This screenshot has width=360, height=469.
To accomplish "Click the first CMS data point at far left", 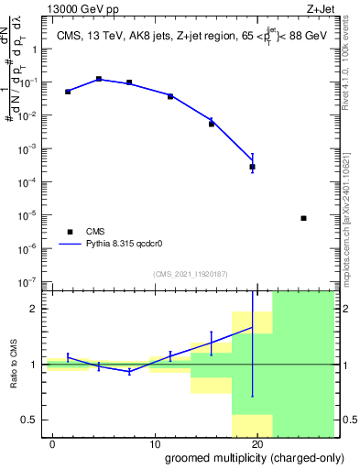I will point(68,92).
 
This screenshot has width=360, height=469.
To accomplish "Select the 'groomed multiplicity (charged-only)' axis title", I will point(249,458).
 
